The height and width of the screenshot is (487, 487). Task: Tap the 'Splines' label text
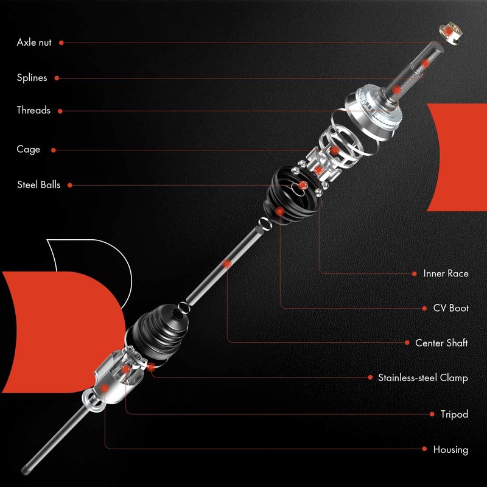pyautogui.click(x=32, y=78)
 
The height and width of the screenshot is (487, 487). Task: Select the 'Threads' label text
pyautogui.click(x=33, y=111)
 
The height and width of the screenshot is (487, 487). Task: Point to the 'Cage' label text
pyautogui.click(x=29, y=150)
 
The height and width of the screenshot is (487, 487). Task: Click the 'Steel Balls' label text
pyautogui.click(x=39, y=185)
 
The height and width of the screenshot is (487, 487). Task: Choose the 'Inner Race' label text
pyautogui.click(x=446, y=274)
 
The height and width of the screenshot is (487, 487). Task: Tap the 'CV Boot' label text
pyautogui.click(x=450, y=309)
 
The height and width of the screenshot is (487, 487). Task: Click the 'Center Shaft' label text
pyautogui.click(x=441, y=343)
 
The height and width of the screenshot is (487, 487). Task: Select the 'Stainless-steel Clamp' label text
pyautogui.click(x=423, y=378)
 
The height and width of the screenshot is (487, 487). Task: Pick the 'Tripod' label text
pyautogui.click(x=454, y=415)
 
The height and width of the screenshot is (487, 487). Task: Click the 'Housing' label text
pyautogui.click(x=450, y=450)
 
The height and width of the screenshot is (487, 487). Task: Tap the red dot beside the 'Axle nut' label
pyautogui.click(x=61, y=43)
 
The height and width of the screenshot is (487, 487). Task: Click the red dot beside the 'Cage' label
pyautogui.click(x=54, y=150)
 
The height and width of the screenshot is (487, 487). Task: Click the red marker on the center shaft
pyautogui.click(x=227, y=264)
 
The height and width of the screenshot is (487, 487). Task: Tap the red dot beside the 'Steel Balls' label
pyautogui.click(x=69, y=185)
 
